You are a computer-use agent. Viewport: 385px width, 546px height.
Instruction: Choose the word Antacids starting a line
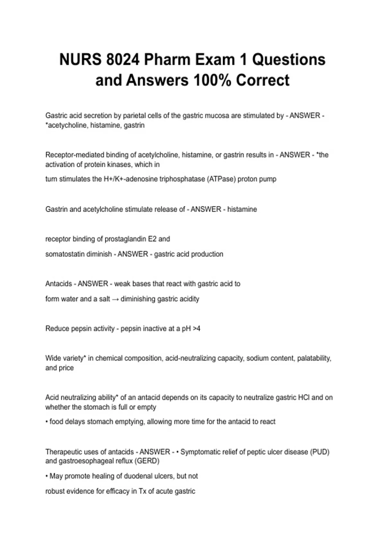pos(59,284)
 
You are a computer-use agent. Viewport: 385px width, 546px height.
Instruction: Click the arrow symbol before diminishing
pos(115,299)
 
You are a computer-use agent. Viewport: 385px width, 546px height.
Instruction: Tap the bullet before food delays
pos(47,422)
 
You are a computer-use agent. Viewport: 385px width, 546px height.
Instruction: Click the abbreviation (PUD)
pos(320,452)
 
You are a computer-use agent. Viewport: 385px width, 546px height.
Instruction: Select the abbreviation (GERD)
pos(147,461)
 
